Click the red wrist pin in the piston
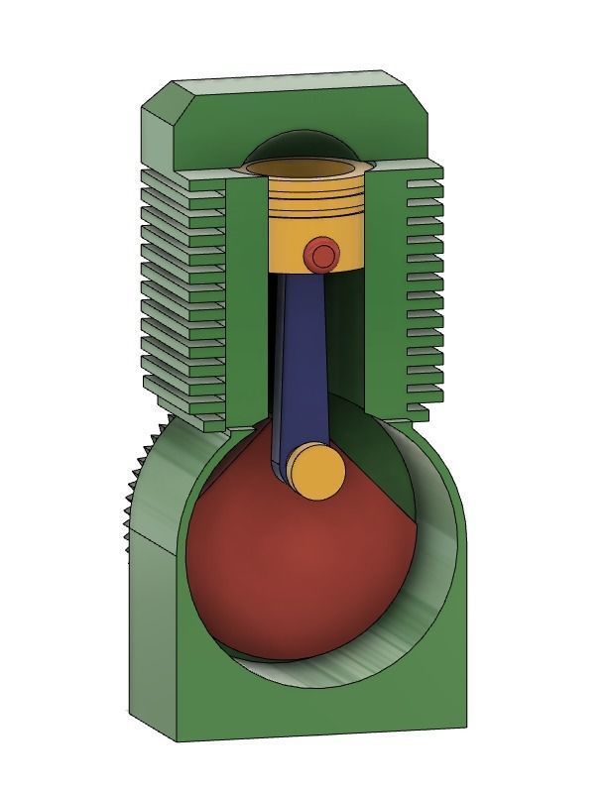pyautogui.click(x=321, y=256)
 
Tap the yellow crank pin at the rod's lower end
pyautogui.click(x=316, y=470)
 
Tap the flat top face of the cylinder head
pyautogui.click(x=298, y=79)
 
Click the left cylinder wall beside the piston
pyautogui.click(x=248, y=297)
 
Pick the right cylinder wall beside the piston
pyautogui.click(x=382, y=297)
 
